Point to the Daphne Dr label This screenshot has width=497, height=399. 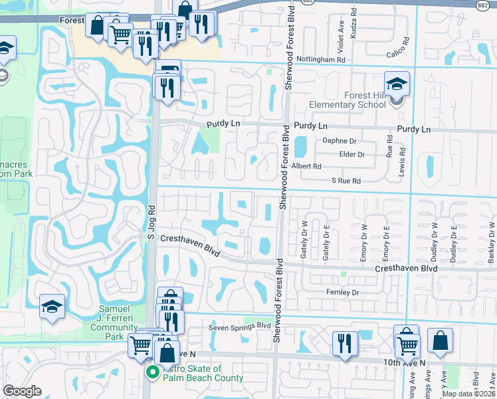click(x=340, y=141)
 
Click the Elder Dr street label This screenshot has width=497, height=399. click(x=352, y=154)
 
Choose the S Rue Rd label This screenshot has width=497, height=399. click(x=346, y=180)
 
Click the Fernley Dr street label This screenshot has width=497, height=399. click(x=342, y=293)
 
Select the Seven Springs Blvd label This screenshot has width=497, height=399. click(x=240, y=326)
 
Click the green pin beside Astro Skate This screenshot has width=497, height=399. click(x=152, y=372)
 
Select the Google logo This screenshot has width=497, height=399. click(x=23, y=391)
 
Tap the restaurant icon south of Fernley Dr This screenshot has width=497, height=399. click(x=344, y=343)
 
